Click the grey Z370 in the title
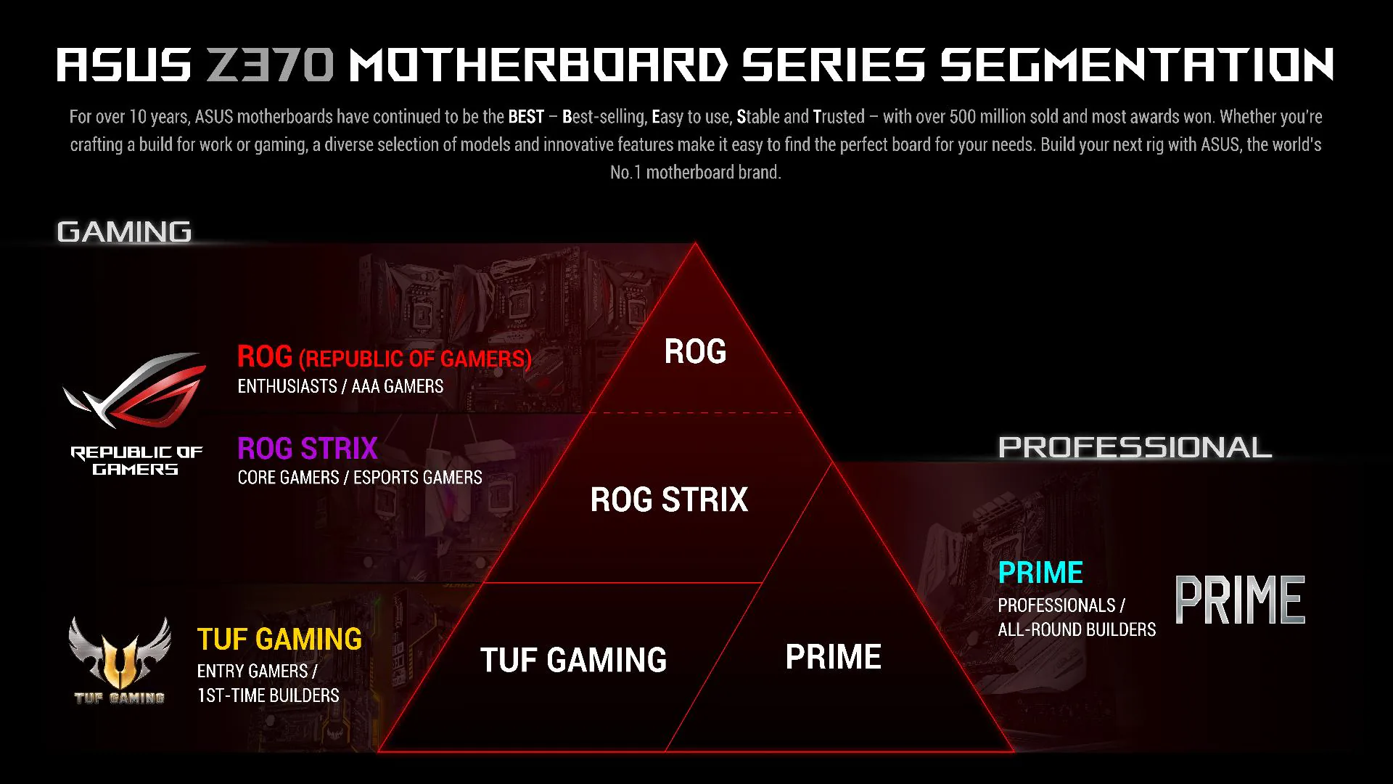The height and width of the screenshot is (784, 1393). point(270,65)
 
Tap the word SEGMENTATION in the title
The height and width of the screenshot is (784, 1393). point(1137,65)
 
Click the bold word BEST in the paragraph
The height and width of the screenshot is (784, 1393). point(526,117)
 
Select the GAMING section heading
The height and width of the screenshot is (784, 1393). point(124,232)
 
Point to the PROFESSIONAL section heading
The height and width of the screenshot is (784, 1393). point(1135,447)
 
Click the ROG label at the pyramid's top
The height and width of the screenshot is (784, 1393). point(695,352)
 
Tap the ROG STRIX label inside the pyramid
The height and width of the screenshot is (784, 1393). point(669,499)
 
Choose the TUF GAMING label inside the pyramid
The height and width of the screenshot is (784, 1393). point(573,660)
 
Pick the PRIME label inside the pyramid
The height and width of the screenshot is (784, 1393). point(833,657)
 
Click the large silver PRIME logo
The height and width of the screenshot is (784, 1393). point(1240,600)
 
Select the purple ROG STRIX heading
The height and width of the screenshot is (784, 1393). point(308,449)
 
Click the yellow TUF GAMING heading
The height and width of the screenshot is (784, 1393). point(279,640)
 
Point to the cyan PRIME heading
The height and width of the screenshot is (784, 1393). point(1040,573)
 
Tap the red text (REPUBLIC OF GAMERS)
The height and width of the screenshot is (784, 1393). point(416,359)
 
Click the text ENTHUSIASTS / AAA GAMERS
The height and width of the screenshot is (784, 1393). point(340,386)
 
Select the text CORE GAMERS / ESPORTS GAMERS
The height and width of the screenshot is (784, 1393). point(360,478)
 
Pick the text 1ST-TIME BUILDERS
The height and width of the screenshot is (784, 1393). point(268,695)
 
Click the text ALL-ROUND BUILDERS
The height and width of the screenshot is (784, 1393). point(1077,629)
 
